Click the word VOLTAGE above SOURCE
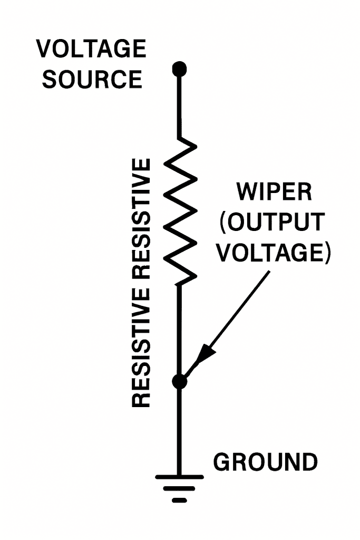91,49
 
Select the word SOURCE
92,79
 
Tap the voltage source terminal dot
180,68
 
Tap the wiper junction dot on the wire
180,381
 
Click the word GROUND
265,462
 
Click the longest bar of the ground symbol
180,477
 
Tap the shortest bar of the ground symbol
180,499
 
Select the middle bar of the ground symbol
180,488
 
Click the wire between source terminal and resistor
180,105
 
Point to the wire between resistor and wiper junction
180,327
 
